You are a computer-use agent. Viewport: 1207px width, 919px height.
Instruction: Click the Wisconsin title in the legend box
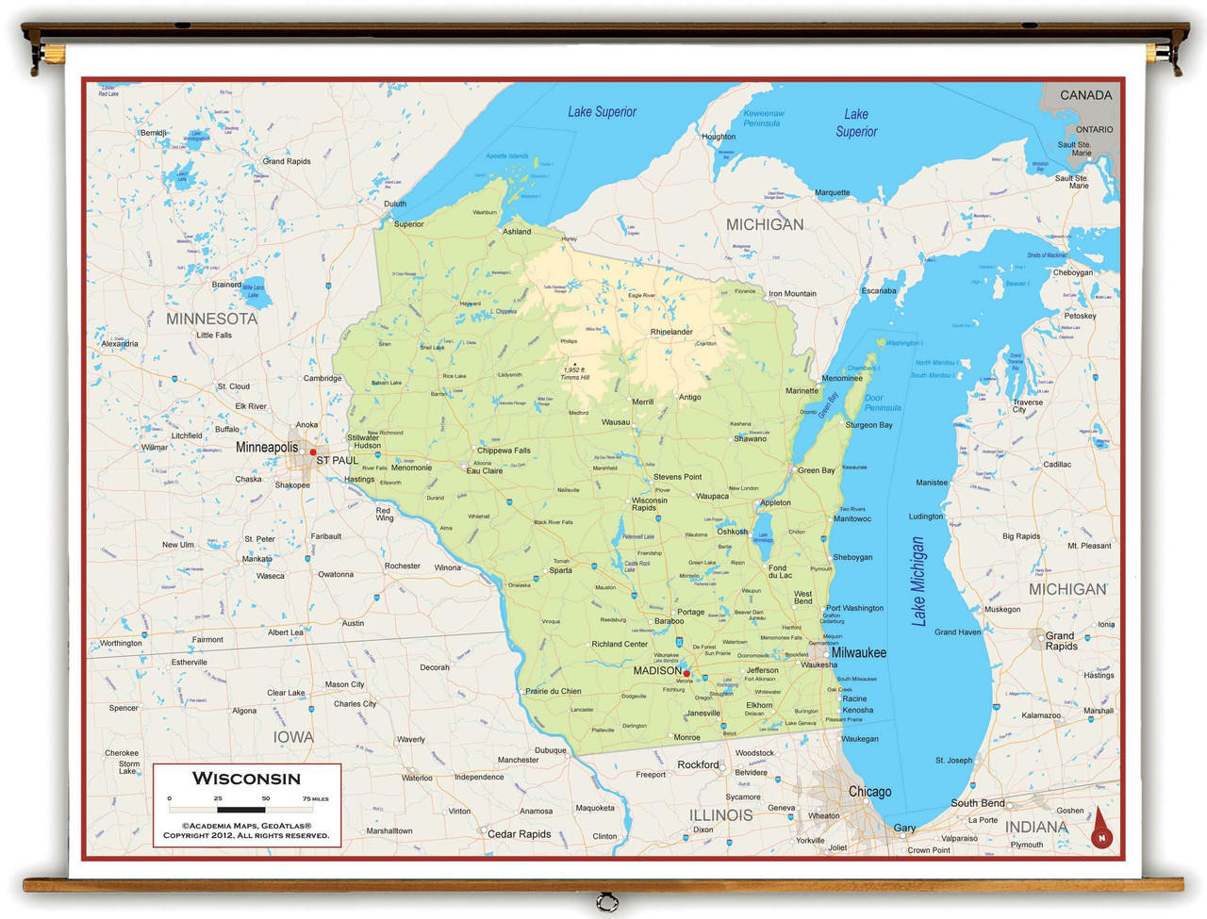pyautogui.click(x=246, y=779)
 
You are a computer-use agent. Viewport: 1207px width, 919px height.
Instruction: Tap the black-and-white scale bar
pyautogui.click(x=241, y=809)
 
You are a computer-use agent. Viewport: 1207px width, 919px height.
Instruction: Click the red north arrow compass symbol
pyautogui.click(x=1100, y=829)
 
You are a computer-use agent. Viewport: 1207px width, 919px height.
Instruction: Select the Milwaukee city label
pyautogui.click(x=858, y=652)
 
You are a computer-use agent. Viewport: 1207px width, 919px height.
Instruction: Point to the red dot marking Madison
pyautogui.click(x=686, y=674)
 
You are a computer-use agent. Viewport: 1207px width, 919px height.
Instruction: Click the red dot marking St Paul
pyautogui.click(x=313, y=452)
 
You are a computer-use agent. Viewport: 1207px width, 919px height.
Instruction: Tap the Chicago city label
pyautogui.click(x=868, y=792)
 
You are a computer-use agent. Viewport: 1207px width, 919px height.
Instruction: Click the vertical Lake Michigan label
pyautogui.click(x=918, y=582)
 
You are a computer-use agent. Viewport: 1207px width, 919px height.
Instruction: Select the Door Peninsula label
pyautogui.click(x=883, y=402)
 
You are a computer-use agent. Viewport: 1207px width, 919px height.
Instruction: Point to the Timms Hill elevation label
pyautogui.click(x=574, y=373)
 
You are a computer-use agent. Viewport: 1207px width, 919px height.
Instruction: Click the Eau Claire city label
pyautogui.click(x=485, y=470)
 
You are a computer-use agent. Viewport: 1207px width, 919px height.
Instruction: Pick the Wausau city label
pyautogui.click(x=616, y=422)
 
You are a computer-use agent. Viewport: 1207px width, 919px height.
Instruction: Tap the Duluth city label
pyautogui.click(x=395, y=204)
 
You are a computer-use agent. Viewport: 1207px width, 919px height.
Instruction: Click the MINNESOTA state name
pyautogui.click(x=211, y=319)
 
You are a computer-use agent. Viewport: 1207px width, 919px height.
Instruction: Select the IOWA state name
pyautogui.click(x=293, y=737)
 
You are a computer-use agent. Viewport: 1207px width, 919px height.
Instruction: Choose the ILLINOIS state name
pyautogui.click(x=720, y=815)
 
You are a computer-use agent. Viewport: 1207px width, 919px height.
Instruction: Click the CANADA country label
pyautogui.click(x=1085, y=95)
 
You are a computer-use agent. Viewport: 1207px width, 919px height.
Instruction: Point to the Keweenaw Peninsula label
pyautogui.click(x=763, y=118)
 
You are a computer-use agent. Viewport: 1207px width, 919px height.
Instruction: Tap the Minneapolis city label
pyautogui.click(x=267, y=447)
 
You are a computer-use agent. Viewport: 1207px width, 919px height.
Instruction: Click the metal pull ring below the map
pyautogui.click(x=607, y=904)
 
